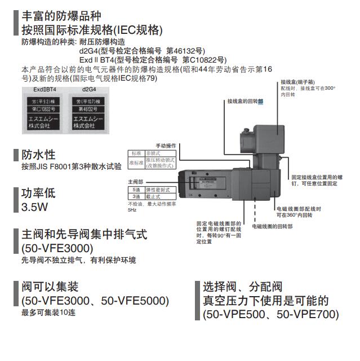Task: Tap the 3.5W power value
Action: pyautogui.click(x=35, y=207)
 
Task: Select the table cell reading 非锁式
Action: pyautogui.click(x=153, y=153)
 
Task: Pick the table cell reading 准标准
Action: pyautogui.click(x=136, y=163)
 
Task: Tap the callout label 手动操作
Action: pyautogui.click(x=166, y=146)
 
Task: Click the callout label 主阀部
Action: pyautogui.click(x=135, y=182)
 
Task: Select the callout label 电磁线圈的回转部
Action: pyautogui.click(x=272, y=226)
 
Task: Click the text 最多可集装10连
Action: pyautogui.click(x=48, y=312)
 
